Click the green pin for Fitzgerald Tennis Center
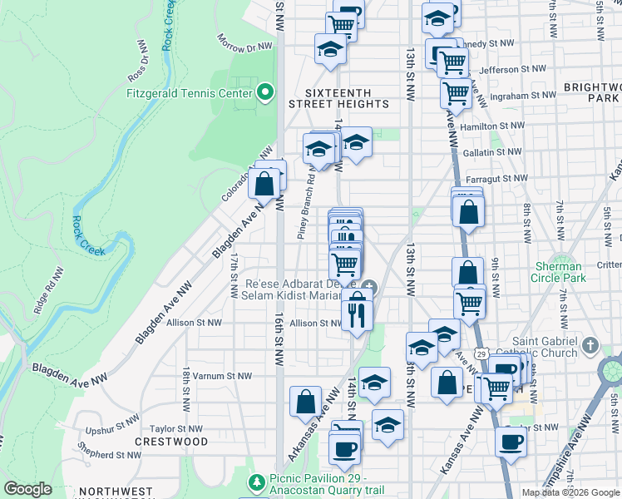click(265, 91)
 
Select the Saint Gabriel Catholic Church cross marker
click(590, 344)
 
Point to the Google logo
click(27, 489)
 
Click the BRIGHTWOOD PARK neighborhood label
click(591, 92)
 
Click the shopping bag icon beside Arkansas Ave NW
click(305, 402)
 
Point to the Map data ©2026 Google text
click(570, 492)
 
